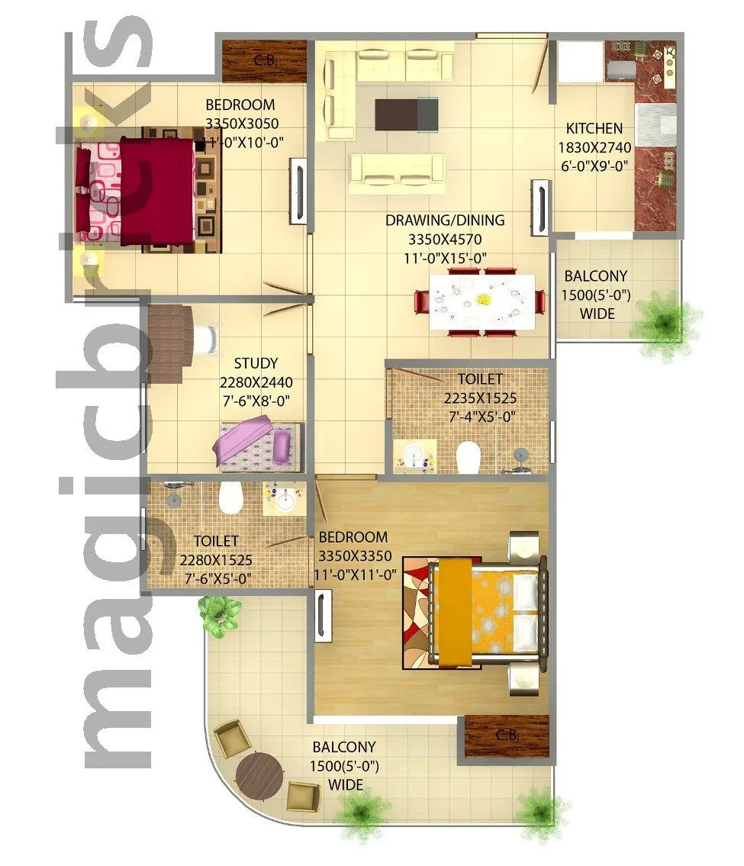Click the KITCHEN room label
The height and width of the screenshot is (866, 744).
(x=594, y=128)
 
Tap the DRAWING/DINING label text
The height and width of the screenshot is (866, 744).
(x=445, y=221)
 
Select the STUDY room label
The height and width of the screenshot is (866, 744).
(x=256, y=363)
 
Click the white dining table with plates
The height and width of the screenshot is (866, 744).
(x=482, y=301)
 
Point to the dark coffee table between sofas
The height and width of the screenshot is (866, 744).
(x=407, y=114)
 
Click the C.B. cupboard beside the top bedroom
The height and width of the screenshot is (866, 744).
(x=264, y=61)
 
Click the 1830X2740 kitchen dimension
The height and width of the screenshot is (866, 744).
(x=594, y=147)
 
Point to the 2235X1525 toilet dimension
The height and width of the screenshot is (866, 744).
(x=480, y=398)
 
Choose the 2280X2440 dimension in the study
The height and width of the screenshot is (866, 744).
(x=256, y=382)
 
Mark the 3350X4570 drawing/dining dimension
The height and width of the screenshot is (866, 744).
(x=445, y=240)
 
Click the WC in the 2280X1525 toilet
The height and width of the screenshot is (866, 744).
(x=229, y=497)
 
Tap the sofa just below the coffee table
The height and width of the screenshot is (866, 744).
(x=397, y=169)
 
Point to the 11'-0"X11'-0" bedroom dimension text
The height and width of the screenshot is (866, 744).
(x=353, y=575)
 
